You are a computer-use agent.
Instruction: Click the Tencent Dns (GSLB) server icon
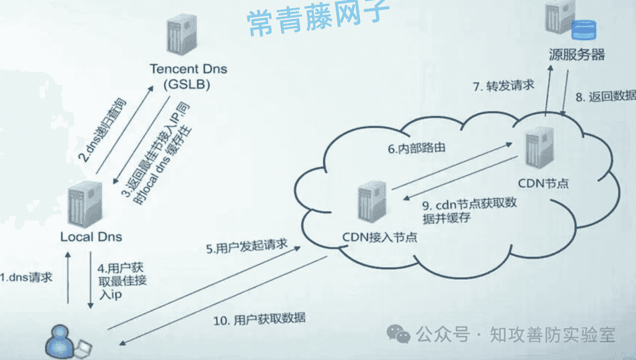(x=182, y=35)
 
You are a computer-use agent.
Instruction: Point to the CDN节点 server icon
(x=540, y=147)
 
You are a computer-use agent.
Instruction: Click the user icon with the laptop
(x=67, y=342)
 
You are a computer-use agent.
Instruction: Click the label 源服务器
(x=577, y=54)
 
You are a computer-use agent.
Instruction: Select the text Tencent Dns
(x=188, y=68)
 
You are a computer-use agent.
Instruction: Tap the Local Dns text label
(x=91, y=237)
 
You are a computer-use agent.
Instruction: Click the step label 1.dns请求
(x=26, y=278)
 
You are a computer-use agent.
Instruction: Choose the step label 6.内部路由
(x=416, y=148)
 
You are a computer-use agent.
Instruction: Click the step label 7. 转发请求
(x=503, y=85)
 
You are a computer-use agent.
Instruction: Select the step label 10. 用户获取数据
(x=260, y=319)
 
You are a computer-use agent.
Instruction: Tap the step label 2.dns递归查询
(x=102, y=130)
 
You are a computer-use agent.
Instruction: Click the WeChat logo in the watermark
(x=398, y=334)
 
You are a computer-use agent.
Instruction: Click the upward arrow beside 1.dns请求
(x=68, y=278)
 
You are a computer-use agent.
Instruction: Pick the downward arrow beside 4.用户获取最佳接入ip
(x=91, y=280)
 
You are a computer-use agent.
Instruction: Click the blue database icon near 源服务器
(x=584, y=30)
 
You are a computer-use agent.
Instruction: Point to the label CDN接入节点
(x=380, y=237)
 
